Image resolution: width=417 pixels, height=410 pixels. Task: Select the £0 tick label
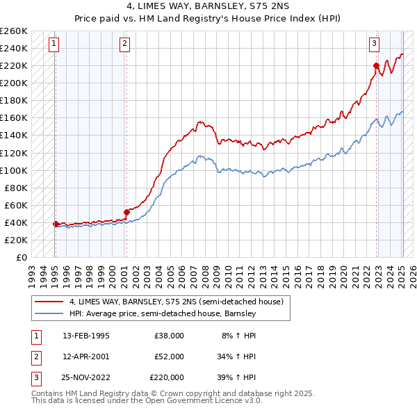point(20,257)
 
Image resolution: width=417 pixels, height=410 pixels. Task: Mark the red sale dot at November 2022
point(376,65)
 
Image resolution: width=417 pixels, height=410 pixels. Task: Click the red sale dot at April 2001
point(126,212)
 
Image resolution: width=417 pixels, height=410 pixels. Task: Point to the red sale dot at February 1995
point(55,224)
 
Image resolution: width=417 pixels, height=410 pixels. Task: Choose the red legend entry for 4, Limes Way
point(176,302)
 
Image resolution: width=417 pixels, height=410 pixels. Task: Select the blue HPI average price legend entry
point(163,313)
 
